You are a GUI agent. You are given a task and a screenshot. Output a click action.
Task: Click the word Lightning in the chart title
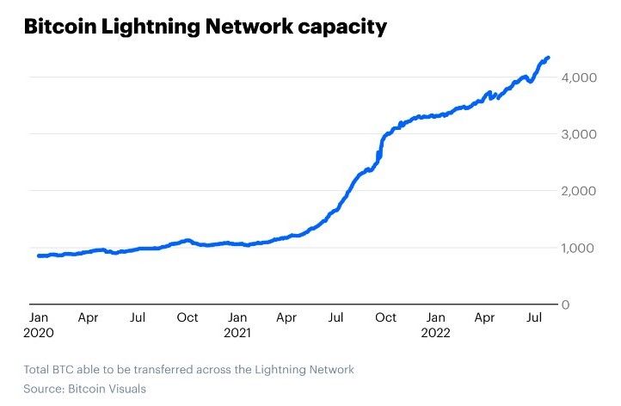163,28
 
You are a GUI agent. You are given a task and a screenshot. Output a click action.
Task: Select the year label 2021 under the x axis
238,331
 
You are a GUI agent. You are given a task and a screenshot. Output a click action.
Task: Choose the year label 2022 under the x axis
437,331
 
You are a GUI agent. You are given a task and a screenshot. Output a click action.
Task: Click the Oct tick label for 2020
188,317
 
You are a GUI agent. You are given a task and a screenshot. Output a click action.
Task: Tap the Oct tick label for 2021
385,317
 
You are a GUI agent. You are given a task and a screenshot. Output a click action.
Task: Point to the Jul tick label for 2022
534,317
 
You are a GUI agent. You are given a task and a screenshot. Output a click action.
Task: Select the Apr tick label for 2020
88,317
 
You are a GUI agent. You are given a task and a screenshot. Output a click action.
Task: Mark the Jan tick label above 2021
237,317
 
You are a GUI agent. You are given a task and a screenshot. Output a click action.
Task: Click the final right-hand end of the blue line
548,58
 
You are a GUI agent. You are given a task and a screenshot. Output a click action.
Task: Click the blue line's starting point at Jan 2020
40,255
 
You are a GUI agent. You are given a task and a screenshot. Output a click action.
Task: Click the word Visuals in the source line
124,389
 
